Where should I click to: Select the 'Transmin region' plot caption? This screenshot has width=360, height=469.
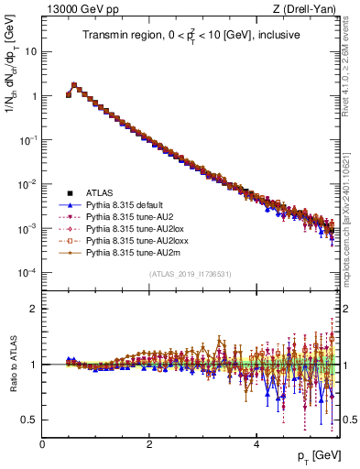(191, 36)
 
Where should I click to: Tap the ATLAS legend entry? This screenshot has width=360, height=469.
(100, 193)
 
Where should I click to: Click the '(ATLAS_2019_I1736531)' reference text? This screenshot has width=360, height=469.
(190, 274)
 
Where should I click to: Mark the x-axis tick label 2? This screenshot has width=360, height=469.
(149, 444)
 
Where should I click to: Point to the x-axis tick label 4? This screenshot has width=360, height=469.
(256, 444)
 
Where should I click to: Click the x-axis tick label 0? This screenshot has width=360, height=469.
(42, 444)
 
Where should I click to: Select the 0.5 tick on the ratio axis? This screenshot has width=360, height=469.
(30, 420)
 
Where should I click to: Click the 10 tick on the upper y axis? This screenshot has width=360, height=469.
(29, 51)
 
